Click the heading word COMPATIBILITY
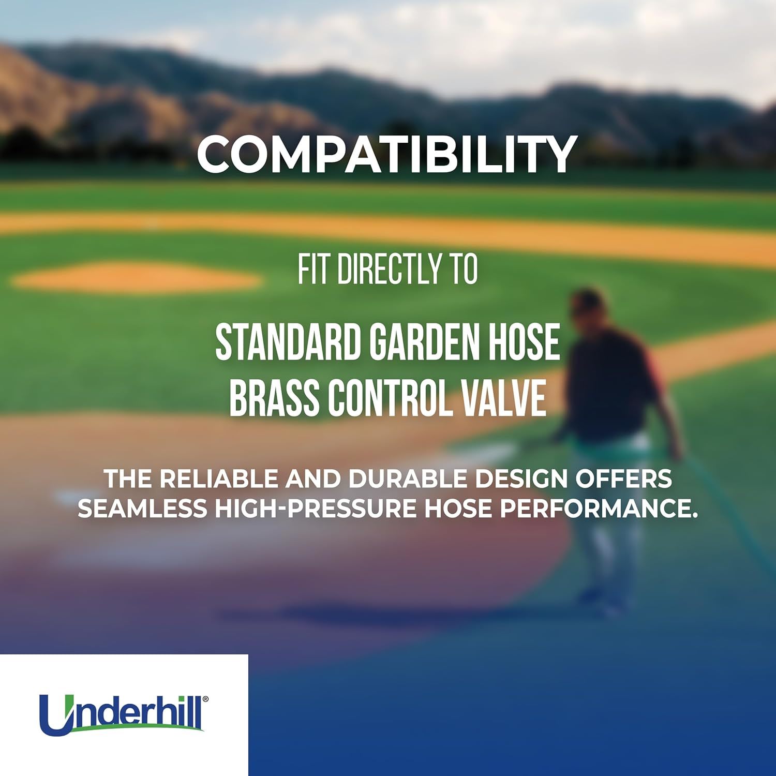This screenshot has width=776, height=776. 386,154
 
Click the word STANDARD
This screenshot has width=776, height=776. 287,342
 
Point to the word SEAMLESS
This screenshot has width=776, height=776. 142,509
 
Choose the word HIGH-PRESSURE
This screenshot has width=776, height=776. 316,509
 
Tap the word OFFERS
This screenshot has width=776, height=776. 624,479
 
